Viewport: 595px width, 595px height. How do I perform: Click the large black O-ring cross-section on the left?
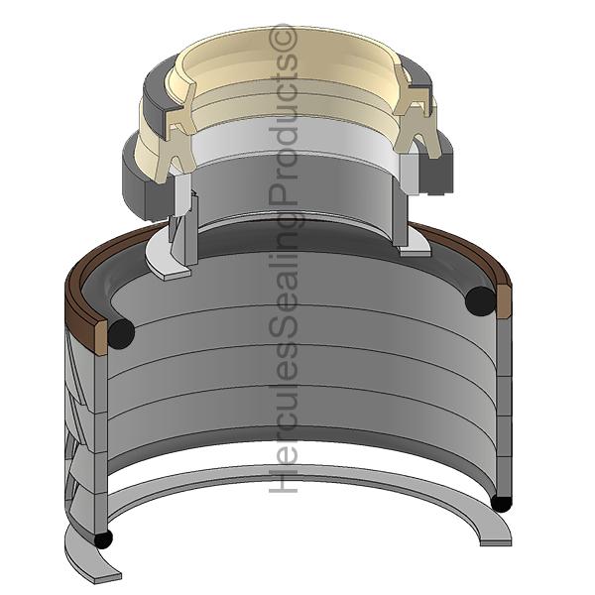click(121, 333)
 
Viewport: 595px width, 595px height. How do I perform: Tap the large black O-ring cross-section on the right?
click(480, 301)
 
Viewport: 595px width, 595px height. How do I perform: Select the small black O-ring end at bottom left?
click(103, 539)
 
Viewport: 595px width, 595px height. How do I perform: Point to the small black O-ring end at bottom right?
click(501, 504)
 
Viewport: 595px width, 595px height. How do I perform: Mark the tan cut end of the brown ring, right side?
click(504, 302)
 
